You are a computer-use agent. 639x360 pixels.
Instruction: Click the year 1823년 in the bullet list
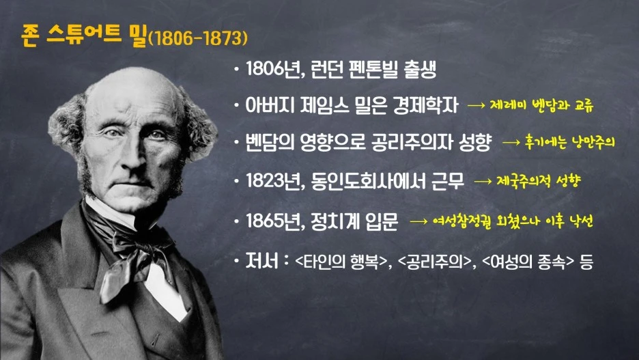point(270,181)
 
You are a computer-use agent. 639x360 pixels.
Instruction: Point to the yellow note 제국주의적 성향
point(542,182)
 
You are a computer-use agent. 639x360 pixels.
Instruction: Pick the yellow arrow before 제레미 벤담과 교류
point(476,107)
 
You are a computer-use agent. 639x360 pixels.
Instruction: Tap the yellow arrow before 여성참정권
point(418,223)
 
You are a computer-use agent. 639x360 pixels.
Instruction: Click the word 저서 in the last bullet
point(260,261)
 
